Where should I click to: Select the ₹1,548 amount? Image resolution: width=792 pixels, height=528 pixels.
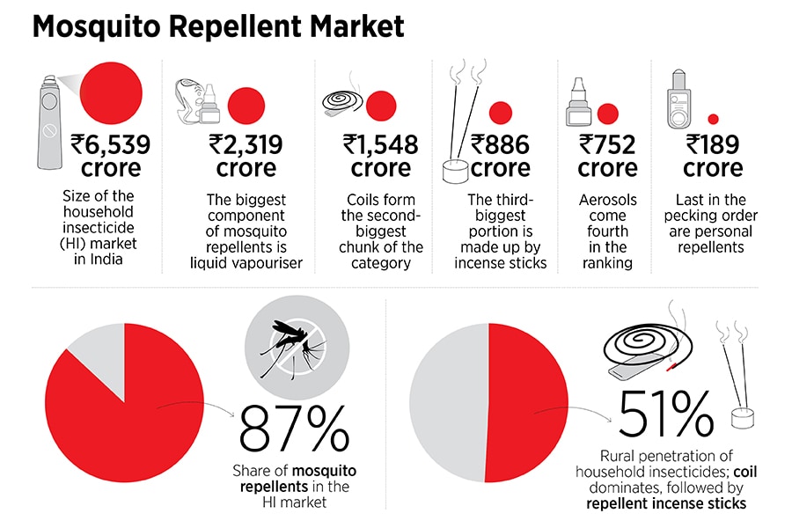point(380,143)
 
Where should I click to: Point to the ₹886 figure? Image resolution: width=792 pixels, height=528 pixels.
point(499,143)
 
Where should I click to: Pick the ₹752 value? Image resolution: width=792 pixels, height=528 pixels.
point(607,143)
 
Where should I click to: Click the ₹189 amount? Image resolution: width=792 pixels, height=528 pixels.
point(713,143)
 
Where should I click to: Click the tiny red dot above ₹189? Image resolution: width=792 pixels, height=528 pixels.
point(714,119)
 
